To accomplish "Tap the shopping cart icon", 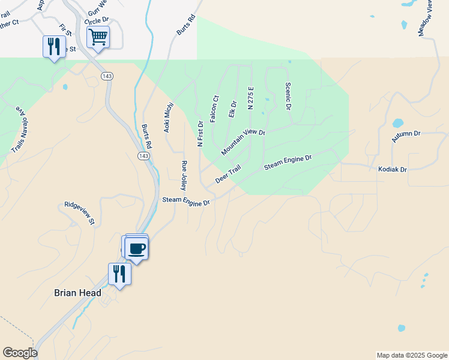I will point(98,37).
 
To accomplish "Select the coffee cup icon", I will point(137,248).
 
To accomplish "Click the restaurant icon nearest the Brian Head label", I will point(119,274).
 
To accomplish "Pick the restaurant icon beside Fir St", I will point(54,46).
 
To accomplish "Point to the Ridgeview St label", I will point(80,214).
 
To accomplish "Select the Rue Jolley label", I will point(184,175).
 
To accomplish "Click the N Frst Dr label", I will point(200,133).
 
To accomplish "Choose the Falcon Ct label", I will point(215,109).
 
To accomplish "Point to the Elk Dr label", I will point(233,110).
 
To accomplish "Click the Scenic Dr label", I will point(288,96).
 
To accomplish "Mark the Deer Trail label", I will point(228,175).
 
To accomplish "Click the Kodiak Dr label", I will point(392,170).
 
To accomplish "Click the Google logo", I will point(20,353).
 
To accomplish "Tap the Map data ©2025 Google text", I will point(412,355).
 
